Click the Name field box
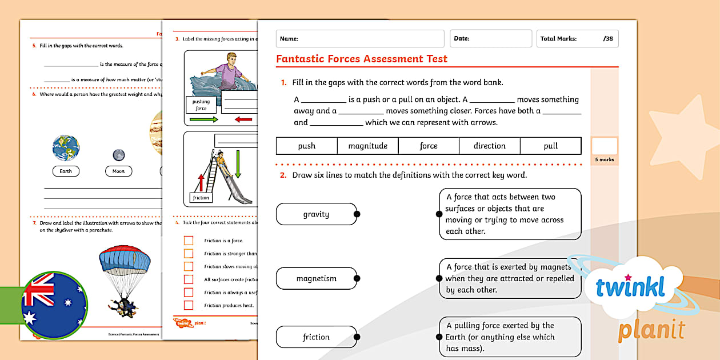pyautogui.click(x=360, y=39)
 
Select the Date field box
pyautogui.click(x=490, y=39)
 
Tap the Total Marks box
pyautogui.click(x=577, y=39)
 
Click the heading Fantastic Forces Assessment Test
pyautogui.click(x=361, y=59)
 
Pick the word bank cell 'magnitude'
pyautogui.click(x=367, y=146)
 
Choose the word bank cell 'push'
pyautogui.click(x=306, y=146)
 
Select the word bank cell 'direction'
pyautogui.click(x=489, y=146)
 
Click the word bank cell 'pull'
pyautogui.click(x=550, y=146)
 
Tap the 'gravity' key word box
pyautogui.click(x=316, y=214)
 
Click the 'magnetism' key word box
pyautogui.click(x=316, y=279)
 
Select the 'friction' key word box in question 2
pyautogui.click(x=316, y=337)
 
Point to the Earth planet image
pyautogui.click(x=66, y=148)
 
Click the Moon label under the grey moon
pyautogui.click(x=118, y=171)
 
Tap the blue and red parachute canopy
pyautogui.click(x=125, y=261)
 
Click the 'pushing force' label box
pyautogui.click(x=201, y=105)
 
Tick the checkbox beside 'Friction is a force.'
pyautogui.click(x=189, y=241)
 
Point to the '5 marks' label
pyautogui.click(x=604, y=159)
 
